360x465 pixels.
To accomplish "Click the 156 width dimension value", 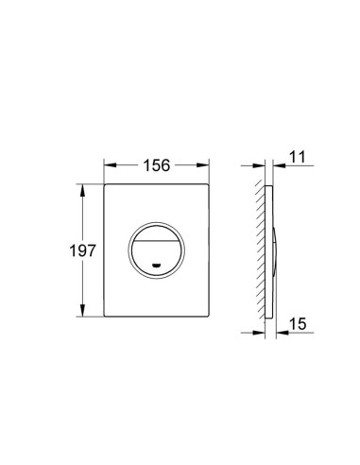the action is tap(157, 165).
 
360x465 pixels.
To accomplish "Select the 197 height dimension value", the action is tap(82, 250).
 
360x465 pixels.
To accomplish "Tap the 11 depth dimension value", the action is tap(297, 157).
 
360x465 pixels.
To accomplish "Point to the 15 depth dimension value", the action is tap(298, 323).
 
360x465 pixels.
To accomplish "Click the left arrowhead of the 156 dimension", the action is tap(111, 165).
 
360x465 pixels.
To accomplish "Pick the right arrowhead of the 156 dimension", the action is tap(203, 165).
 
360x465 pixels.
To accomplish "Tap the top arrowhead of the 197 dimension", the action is tap(82, 190).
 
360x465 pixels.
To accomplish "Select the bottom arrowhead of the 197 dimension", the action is tap(82, 310).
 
